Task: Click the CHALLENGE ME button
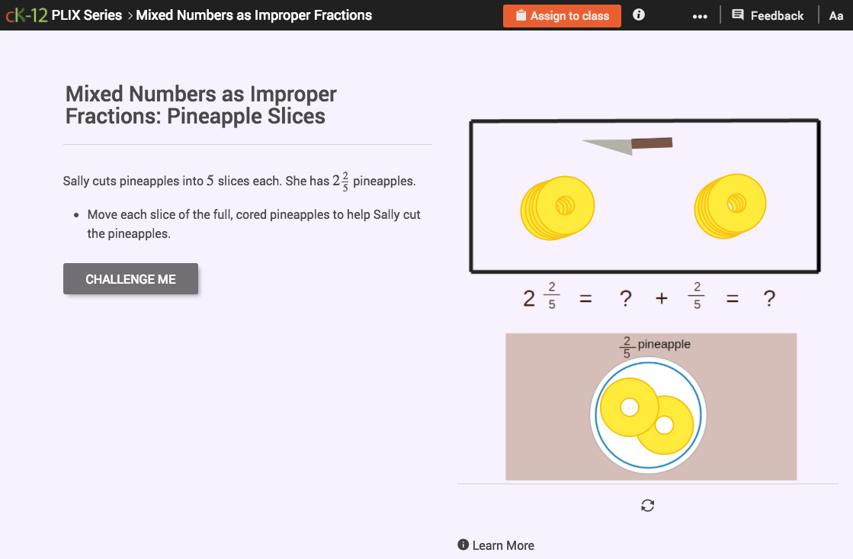tap(130, 279)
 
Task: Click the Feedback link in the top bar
tap(768, 15)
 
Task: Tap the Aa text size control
tap(835, 15)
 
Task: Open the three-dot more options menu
tap(700, 16)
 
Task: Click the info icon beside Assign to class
tap(639, 14)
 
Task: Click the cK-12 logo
tap(25, 15)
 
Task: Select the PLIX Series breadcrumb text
tap(87, 15)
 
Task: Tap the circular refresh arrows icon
tap(648, 505)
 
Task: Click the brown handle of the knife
tap(652, 143)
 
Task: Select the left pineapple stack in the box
tap(557, 207)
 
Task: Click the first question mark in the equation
tap(626, 299)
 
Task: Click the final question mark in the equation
tap(769, 299)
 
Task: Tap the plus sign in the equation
tap(661, 299)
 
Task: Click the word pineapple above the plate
tap(664, 344)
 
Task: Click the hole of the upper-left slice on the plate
tap(629, 408)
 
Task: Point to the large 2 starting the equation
tap(529, 299)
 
